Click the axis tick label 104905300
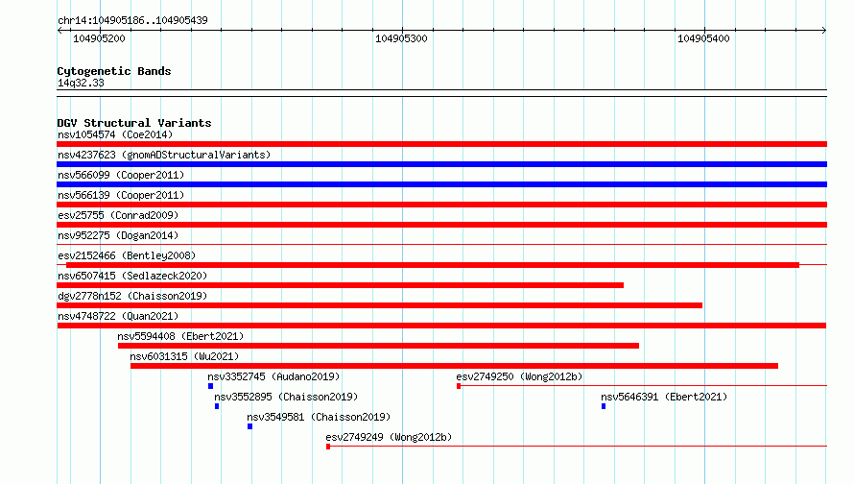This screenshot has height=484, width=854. coord(401,38)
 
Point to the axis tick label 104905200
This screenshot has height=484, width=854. coord(99,38)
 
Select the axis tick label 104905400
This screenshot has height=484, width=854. coord(703,38)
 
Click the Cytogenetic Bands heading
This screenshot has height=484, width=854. coord(114,71)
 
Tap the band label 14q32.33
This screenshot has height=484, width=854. coord(81,83)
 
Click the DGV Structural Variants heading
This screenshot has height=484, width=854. coord(134,123)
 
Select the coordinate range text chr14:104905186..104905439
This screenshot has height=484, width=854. coord(132,20)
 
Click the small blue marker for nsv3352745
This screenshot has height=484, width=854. coord(211,386)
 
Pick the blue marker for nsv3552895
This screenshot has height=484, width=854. coord(217,406)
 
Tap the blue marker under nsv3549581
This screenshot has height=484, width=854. coord(250,426)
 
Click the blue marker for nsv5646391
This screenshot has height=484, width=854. coord(604,406)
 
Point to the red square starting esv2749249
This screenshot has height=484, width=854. coord(328,447)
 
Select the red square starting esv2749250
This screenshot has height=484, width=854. coord(459,386)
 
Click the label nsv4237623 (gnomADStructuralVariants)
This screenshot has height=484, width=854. coord(164,155)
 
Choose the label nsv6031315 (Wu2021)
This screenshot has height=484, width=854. coord(184,356)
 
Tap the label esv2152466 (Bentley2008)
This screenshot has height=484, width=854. coord(127,255)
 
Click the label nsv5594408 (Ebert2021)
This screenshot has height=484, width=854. coord(180,336)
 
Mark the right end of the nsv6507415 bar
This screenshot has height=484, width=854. coord(623,285)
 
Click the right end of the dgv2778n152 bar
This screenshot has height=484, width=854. coord(701,305)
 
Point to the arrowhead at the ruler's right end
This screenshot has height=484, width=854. coord(824,30)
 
